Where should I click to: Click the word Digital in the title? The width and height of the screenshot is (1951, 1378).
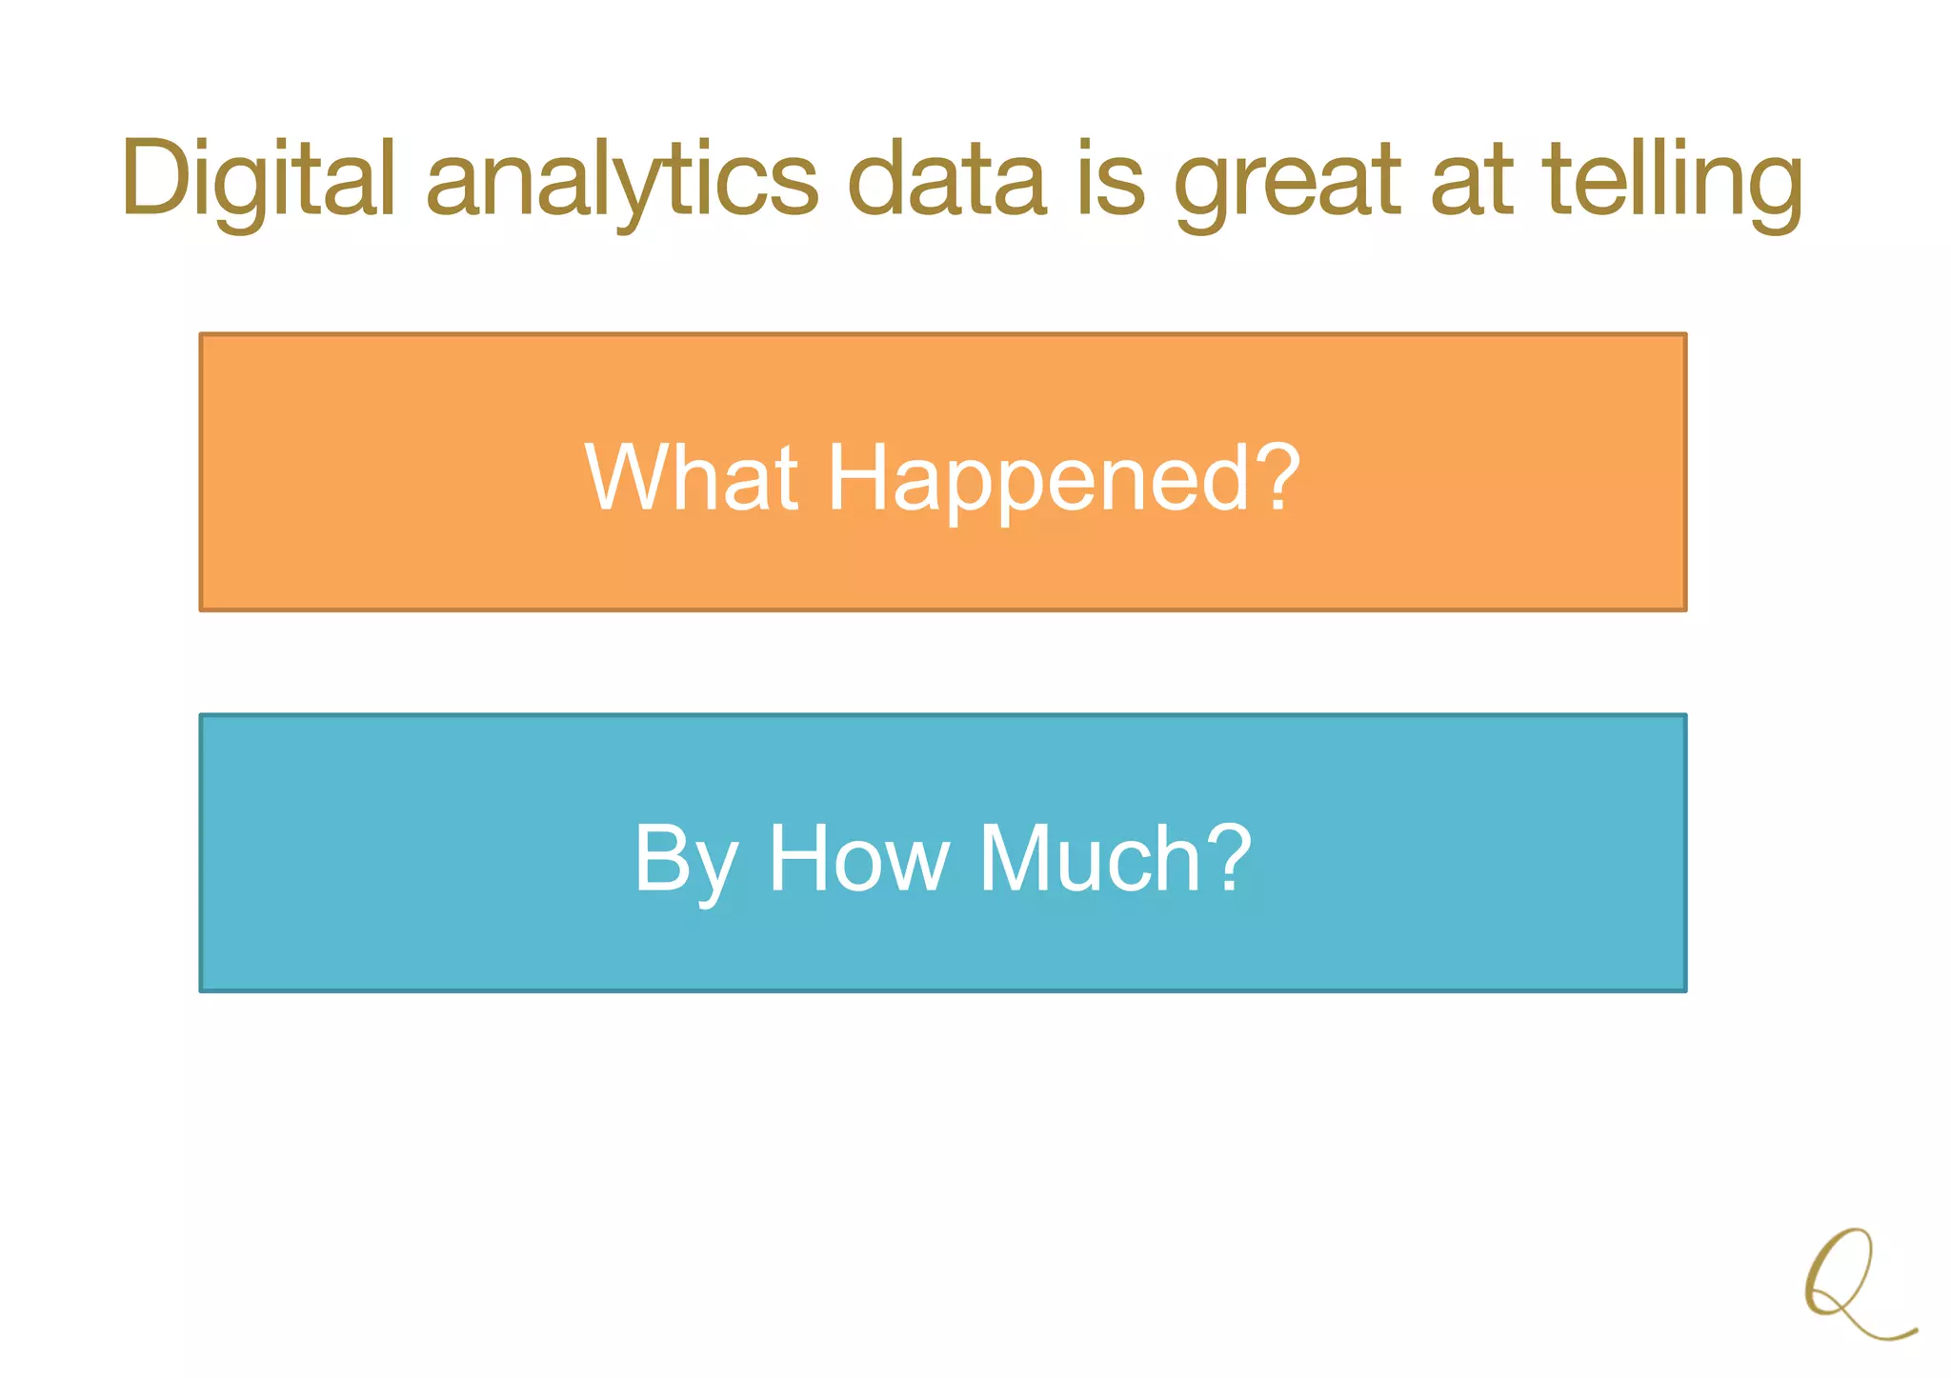(257, 179)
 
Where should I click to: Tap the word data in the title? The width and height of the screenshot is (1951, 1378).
(947, 179)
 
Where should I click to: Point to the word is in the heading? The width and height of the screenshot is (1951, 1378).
(1111, 179)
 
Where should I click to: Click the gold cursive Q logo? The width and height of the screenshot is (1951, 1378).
(1853, 1286)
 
